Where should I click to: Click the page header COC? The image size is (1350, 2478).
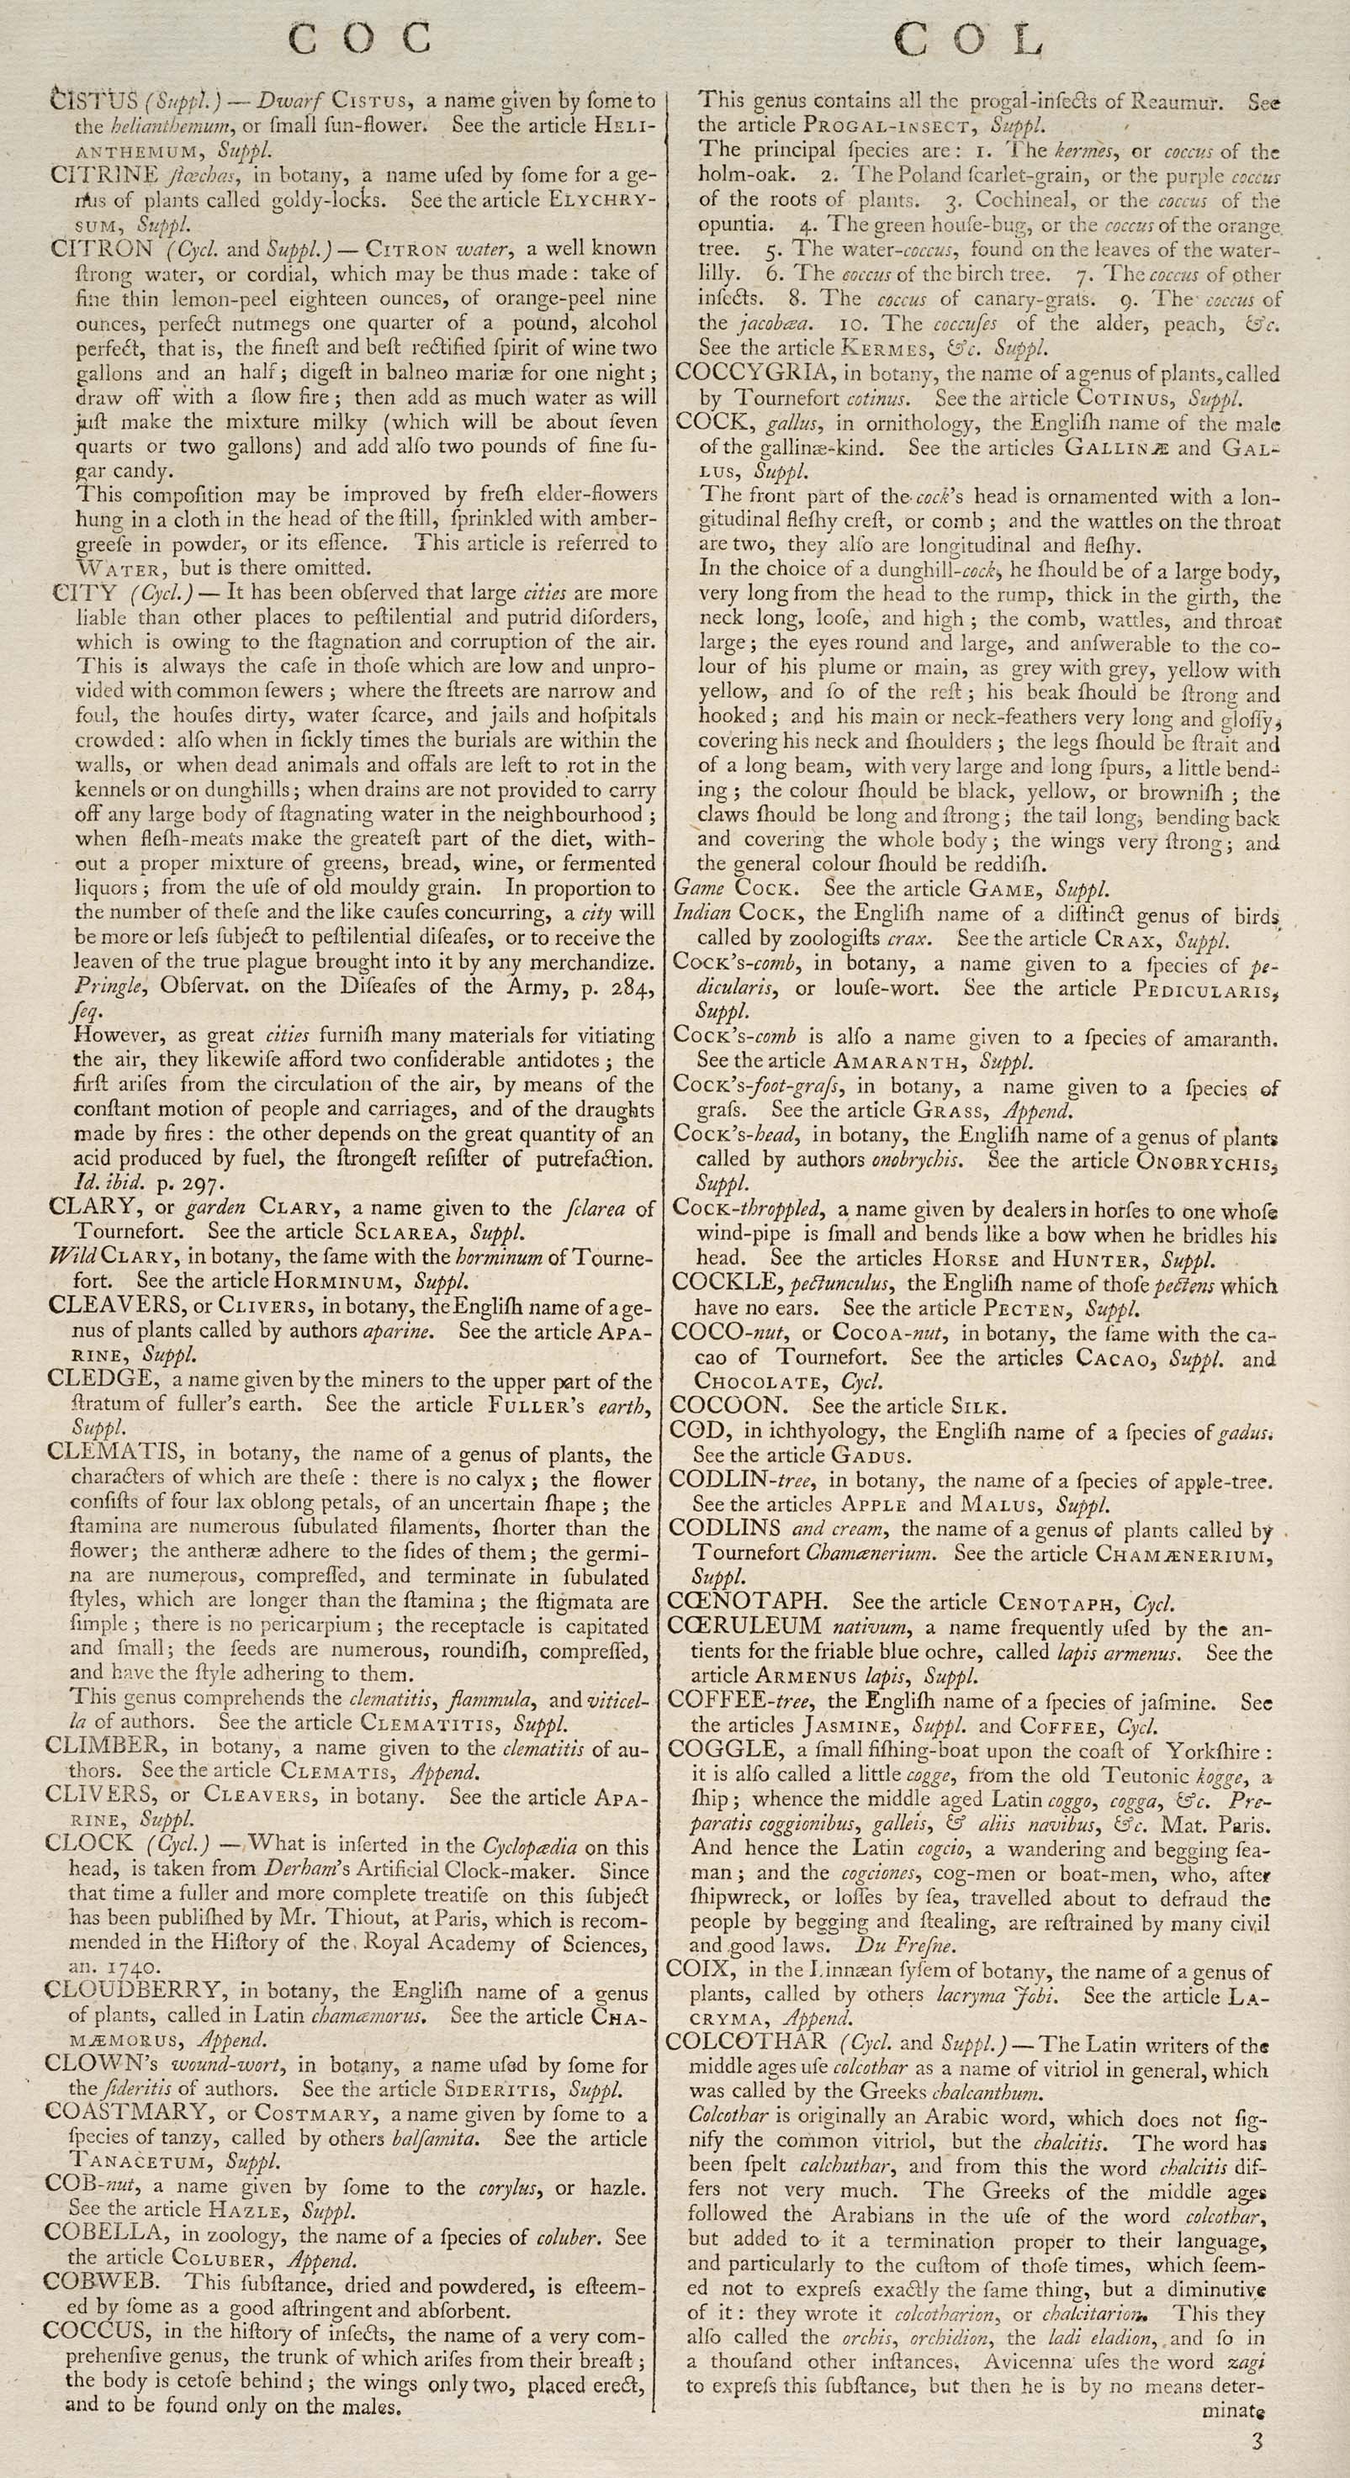(x=361, y=39)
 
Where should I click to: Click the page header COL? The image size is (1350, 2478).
(x=969, y=40)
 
